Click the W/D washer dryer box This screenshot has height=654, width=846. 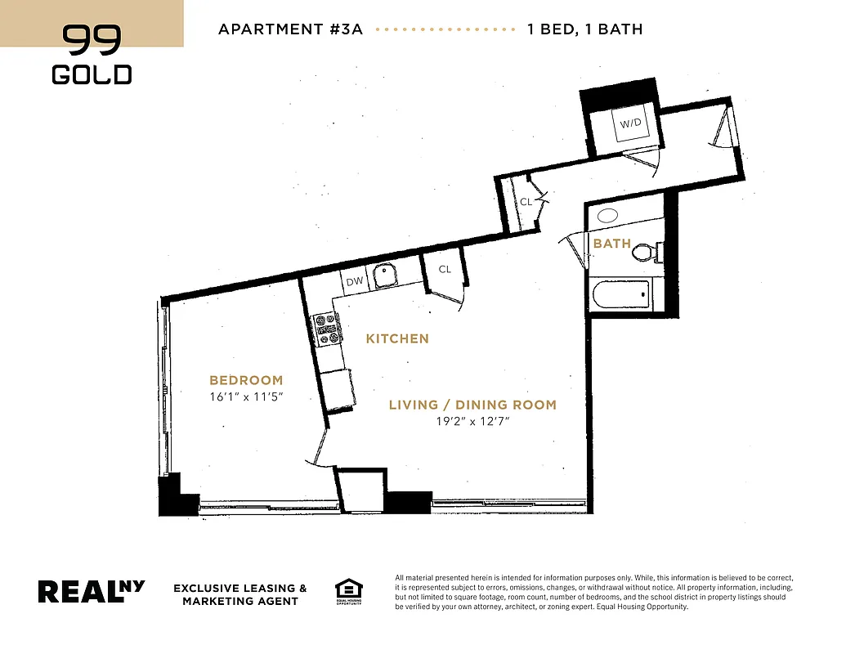click(x=630, y=124)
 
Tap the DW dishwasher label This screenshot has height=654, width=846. click(x=355, y=281)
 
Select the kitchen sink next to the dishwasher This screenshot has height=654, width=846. click(x=384, y=276)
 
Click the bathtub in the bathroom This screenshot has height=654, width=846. click(x=621, y=295)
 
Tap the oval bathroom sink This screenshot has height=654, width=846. click(x=607, y=216)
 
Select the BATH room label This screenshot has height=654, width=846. click(x=612, y=244)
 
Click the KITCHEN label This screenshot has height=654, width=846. click(x=397, y=338)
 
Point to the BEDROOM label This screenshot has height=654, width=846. click(x=246, y=380)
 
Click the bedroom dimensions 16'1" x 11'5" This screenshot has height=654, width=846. click(x=246, y=397)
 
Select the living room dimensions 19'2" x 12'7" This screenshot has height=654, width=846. click(x=472, y=422)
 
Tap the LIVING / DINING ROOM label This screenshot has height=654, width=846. click(x=472, y=405)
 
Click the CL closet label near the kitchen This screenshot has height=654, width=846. click(x=445, y=269)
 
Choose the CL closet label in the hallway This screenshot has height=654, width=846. click(x=526, y=202)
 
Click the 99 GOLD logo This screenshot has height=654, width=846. click(x=92, y=54)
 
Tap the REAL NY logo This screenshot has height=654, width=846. click(x=92, y=591)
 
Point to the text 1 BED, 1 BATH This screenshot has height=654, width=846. click(x=585, y=29)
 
